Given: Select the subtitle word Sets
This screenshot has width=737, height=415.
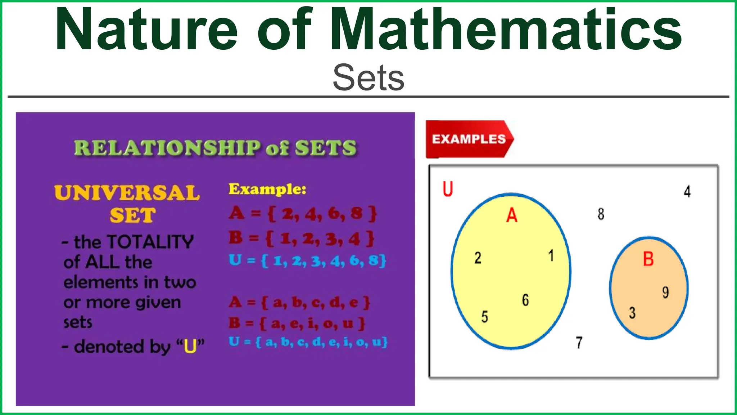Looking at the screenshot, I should (x=368, y=77).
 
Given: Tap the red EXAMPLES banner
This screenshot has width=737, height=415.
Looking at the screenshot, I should (x=469, y=139).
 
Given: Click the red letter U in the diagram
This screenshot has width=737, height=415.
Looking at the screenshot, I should (x=447, y=189).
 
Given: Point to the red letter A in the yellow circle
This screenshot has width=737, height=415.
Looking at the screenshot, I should (x=511, y=215).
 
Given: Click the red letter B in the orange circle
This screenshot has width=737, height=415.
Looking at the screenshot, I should (x=648, y=259).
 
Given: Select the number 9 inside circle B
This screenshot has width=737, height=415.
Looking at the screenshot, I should (x=665, y=292).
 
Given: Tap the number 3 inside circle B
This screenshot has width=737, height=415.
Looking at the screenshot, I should (x=632, y=313).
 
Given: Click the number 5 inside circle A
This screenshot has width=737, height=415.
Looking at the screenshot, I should (x=484, y=317).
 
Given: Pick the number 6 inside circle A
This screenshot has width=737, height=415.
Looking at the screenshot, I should (x=525, y=300).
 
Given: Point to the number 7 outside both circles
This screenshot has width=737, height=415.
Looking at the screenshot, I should (x=579, y=343).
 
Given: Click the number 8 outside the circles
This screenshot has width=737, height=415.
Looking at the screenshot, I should (x=601, y=214).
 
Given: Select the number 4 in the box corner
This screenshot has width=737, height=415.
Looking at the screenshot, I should (x=687, y=192).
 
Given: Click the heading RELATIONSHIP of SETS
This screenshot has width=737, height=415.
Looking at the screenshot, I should (x=215, y=148).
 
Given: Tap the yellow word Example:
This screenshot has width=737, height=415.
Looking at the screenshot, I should (x=267, y=189).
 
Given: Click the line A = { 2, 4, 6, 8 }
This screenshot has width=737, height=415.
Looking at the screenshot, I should (x=303, y=214).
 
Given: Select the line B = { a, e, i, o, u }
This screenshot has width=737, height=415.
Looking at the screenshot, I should (x=297, y=323).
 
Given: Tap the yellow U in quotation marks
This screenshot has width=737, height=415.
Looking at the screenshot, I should (x=190, y=347).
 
